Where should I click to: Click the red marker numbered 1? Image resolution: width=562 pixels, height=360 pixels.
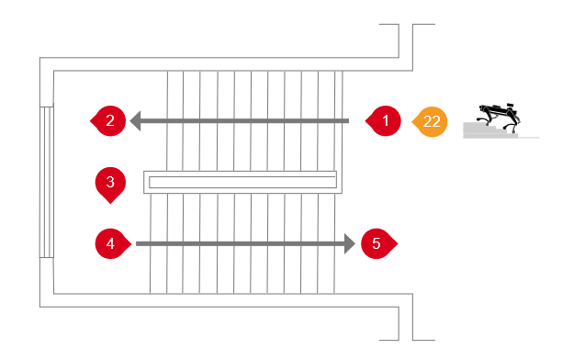pos(384,121)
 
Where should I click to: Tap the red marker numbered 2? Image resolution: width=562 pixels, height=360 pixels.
pos(109,121)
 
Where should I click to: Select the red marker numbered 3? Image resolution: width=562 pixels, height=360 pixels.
pos(110,184)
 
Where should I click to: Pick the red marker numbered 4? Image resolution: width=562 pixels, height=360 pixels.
pos(112,243)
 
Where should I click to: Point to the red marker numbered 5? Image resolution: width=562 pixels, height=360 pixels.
pos(377,243)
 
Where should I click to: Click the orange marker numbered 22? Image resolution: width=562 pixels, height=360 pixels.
pos(431,121)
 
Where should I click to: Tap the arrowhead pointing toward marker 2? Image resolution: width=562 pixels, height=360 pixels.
pos(135,121)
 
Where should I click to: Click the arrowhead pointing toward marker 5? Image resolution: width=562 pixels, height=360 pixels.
pos(350,243)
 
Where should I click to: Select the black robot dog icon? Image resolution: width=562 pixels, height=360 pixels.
pos(499,116)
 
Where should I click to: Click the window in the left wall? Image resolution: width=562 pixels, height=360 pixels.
pos(47,182)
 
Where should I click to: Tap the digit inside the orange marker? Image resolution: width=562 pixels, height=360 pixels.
pos(432,121)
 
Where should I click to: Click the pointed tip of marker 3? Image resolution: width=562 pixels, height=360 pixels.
pos(110,204)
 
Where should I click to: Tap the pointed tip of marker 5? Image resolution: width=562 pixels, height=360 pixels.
pos(398,243)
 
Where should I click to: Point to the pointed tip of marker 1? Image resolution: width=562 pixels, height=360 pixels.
pos(365,121)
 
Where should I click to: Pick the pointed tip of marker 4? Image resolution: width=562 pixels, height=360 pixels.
pos(131,243)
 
